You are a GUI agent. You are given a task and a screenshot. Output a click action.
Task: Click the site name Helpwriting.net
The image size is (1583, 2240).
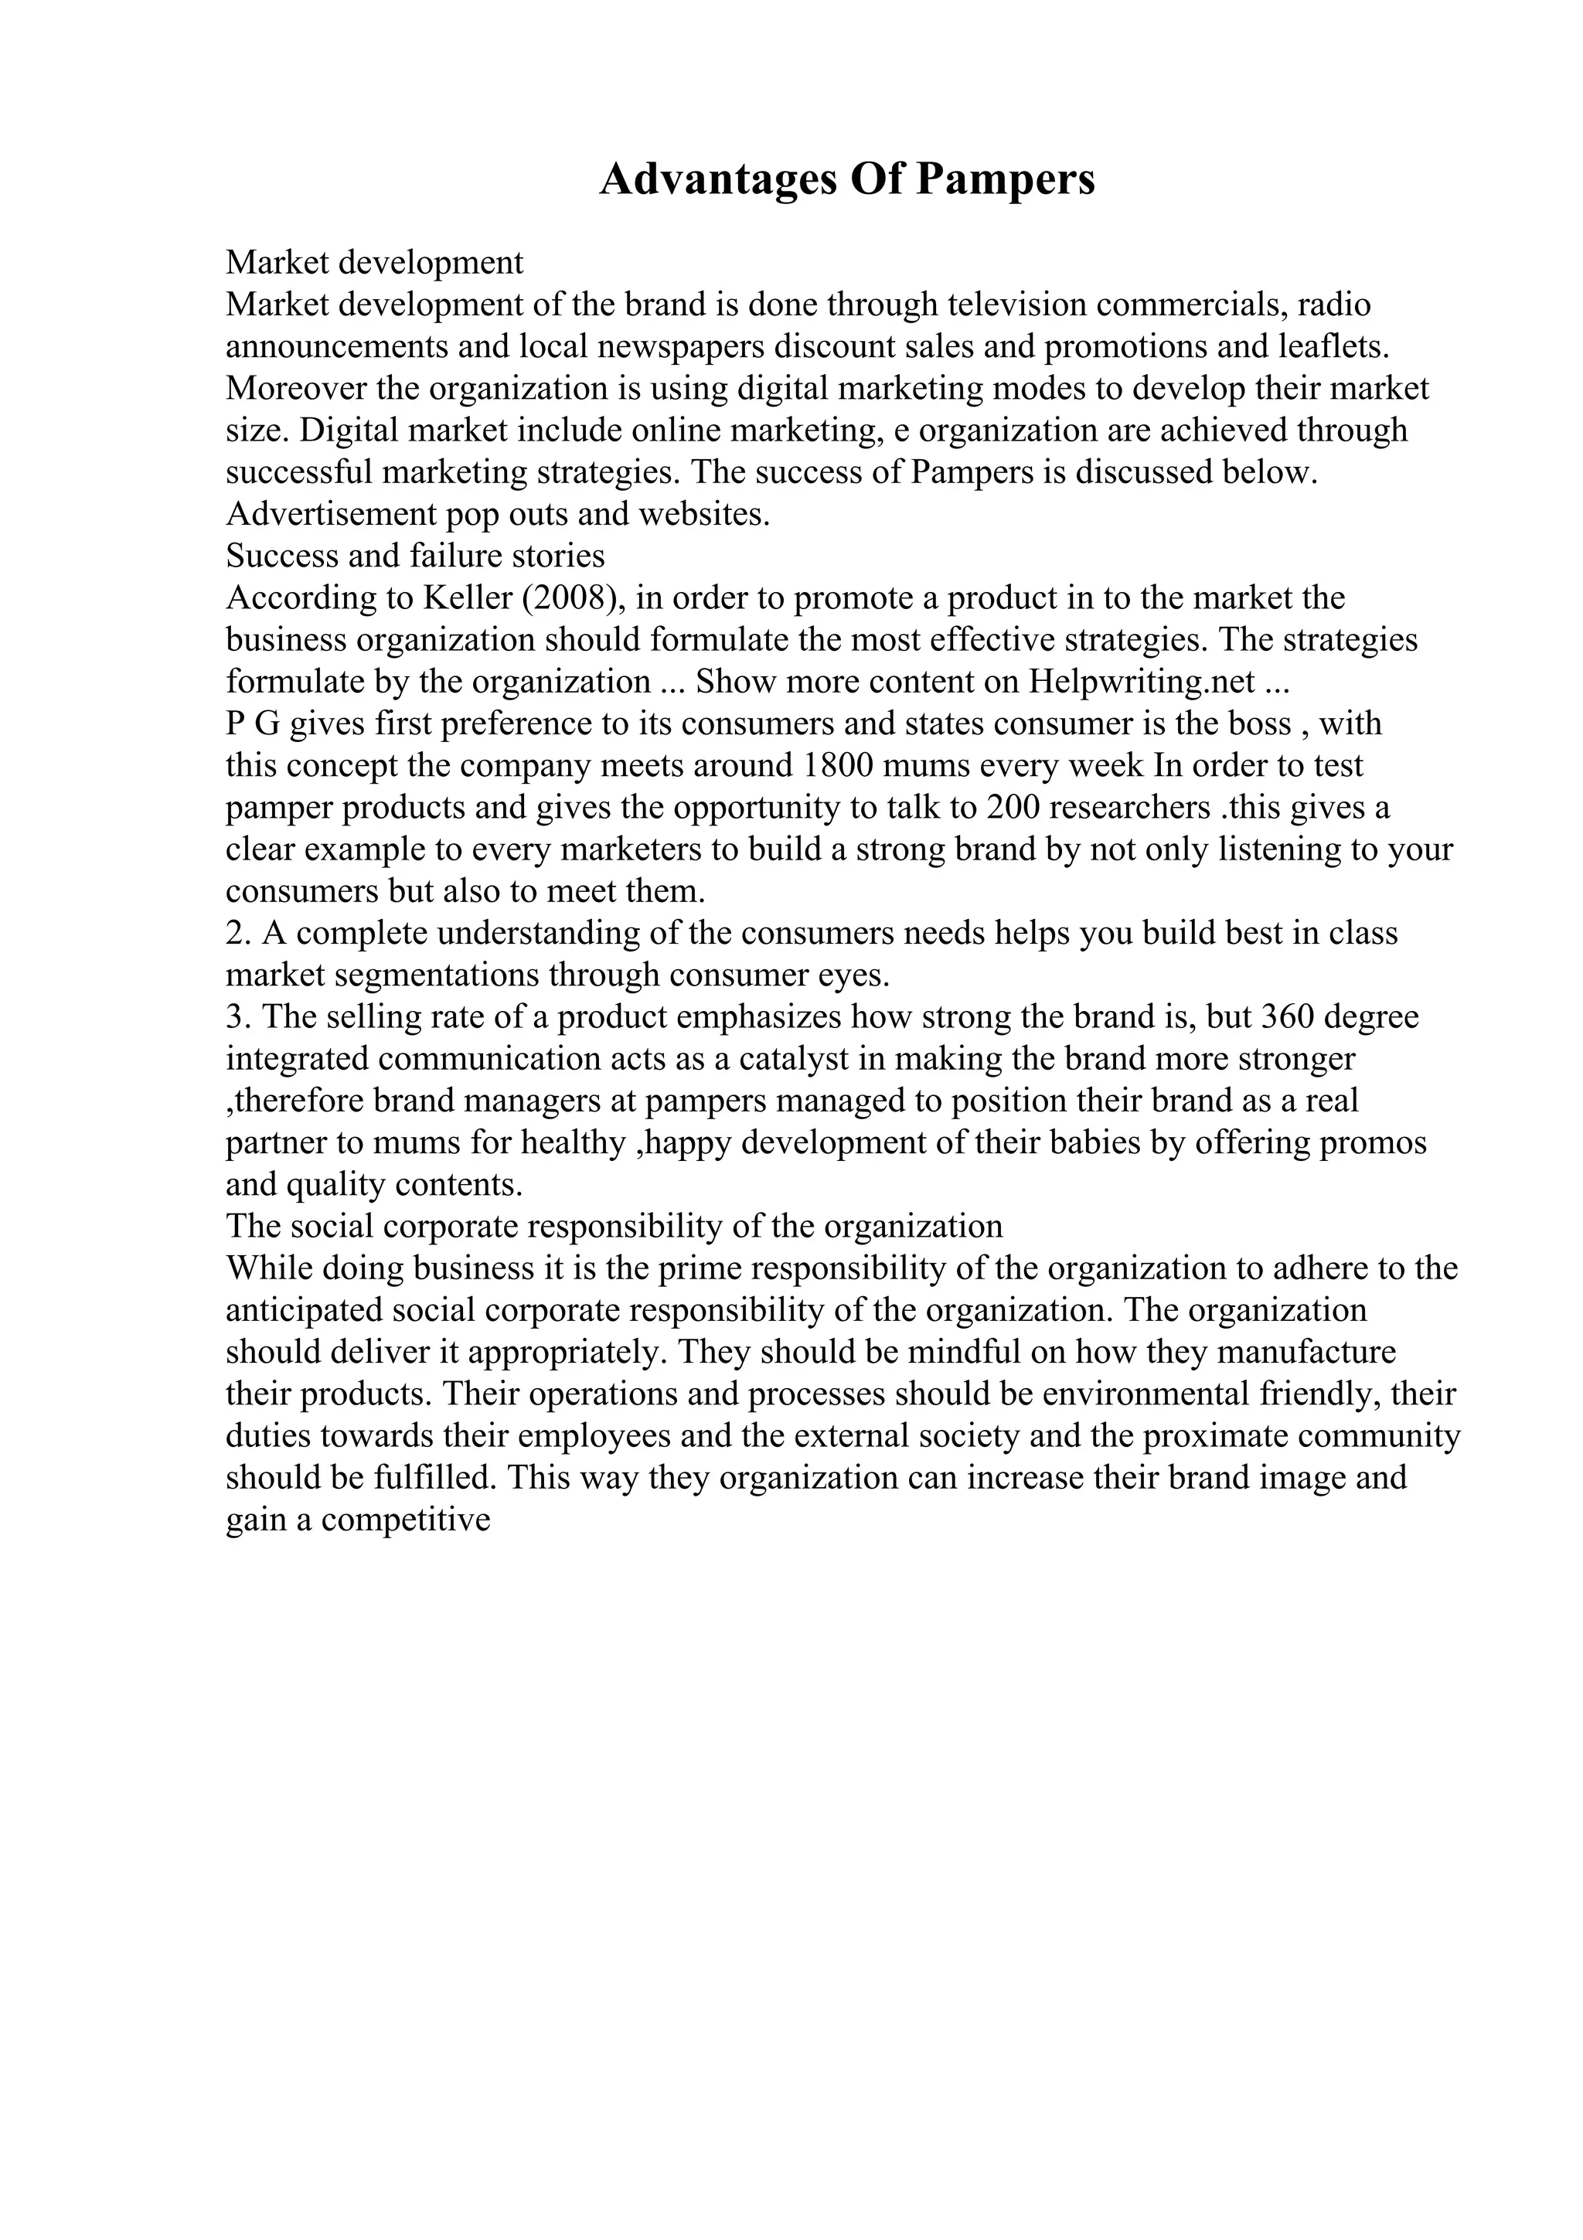click(x=1141, y=681)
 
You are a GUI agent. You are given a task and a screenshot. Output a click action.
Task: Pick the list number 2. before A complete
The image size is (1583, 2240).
click(x=239, y=933)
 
